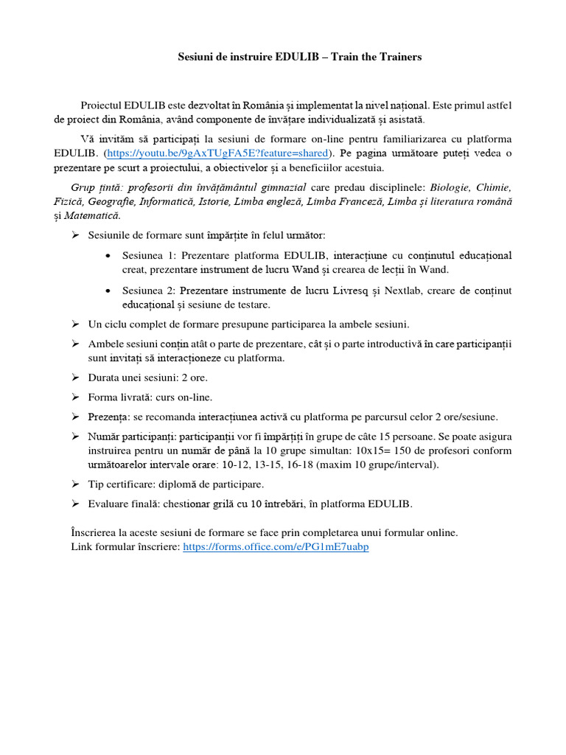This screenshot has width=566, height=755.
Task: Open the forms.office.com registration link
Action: pos(276,546)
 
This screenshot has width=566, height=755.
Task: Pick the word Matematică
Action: pos(93,215)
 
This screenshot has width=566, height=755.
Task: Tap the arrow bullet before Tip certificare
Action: pos(75,484)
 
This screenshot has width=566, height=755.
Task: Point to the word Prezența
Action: pos(109,416)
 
